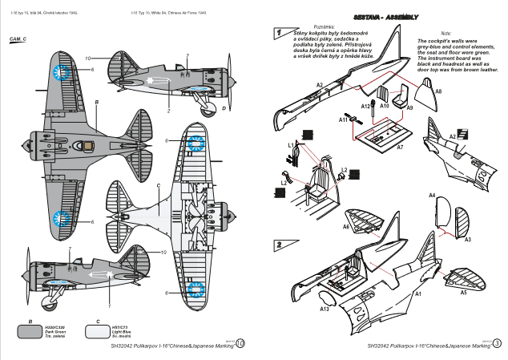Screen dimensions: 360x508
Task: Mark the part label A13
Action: [325, 308]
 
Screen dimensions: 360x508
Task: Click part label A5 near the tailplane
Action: [463, 293]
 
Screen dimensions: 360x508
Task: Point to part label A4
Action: [432, 195]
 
